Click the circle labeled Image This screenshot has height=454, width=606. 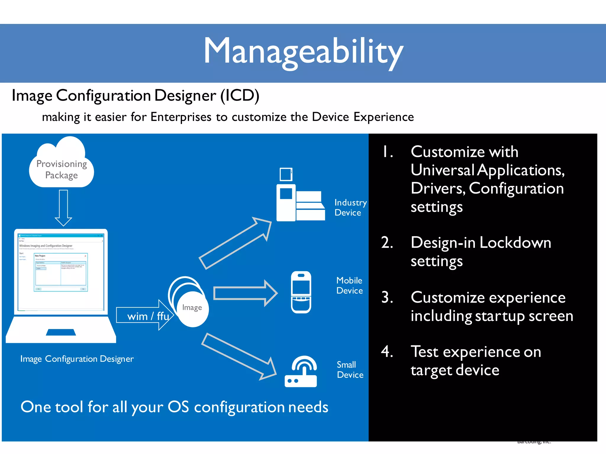(192, 308)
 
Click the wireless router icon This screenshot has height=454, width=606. (301, 372)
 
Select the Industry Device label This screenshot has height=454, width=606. (350, 207)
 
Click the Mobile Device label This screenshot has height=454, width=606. (349, 286)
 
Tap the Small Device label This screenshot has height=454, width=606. (350, 370)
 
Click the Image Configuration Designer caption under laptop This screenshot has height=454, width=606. (77, 359)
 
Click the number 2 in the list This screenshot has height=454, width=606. (387, 243)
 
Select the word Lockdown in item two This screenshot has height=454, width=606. (515, 243)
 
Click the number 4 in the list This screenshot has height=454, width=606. (387, 352)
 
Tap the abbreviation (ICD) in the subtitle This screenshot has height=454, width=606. (240, 95)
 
